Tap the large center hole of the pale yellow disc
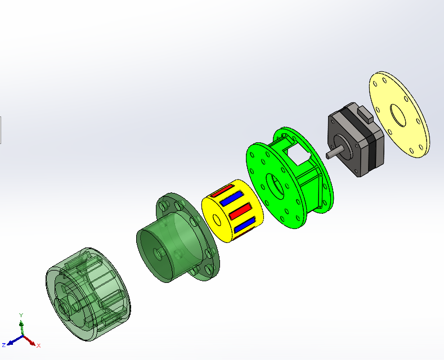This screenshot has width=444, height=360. tap(398, 119)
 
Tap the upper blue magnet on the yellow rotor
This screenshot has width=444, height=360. tap(231, 199)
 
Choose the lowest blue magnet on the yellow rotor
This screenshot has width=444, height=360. tap(244, 226)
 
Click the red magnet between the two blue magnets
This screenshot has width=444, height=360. tap(239, 212)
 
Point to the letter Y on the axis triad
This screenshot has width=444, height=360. tap(21, 316)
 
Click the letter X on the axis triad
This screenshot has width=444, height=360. tap(39, 345)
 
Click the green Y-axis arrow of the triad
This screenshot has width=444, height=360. tap(21, 328)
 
